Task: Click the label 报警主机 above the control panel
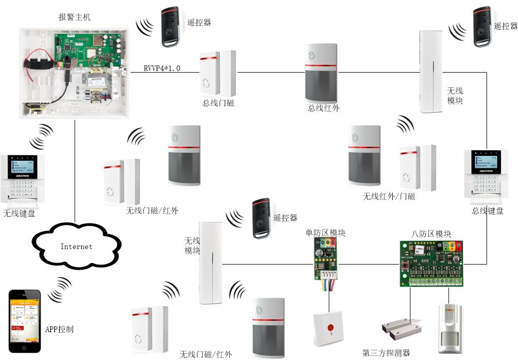[x=75, y=17]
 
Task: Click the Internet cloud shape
[x=77, y=246]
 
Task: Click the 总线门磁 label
[x=218, y=103]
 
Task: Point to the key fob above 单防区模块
[x=263, y=218]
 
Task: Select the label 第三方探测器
[x=386, y=353]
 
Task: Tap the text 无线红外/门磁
[x=389, y=196]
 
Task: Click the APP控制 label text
[x=59, y=329]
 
